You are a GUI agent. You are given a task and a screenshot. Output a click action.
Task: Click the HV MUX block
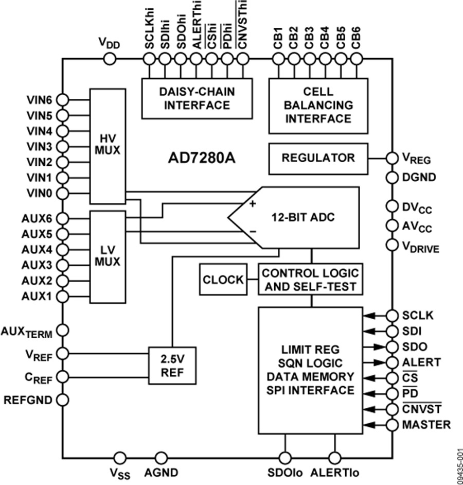(108, 146)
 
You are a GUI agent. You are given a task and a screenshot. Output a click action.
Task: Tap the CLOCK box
(223, 280)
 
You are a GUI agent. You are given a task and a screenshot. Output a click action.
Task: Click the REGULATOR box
(318, 158)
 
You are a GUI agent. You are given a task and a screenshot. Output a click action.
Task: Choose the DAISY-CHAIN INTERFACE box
(197, 98)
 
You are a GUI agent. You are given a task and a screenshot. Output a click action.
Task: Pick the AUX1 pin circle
(62, 296)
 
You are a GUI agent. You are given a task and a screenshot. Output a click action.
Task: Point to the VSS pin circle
(119, 458)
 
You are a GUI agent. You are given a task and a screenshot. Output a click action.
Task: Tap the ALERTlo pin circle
(335, 458)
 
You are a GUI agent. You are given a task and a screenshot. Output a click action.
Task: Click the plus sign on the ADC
(253, 203)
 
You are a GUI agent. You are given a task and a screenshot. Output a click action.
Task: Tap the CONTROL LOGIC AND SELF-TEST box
(310, 280)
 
